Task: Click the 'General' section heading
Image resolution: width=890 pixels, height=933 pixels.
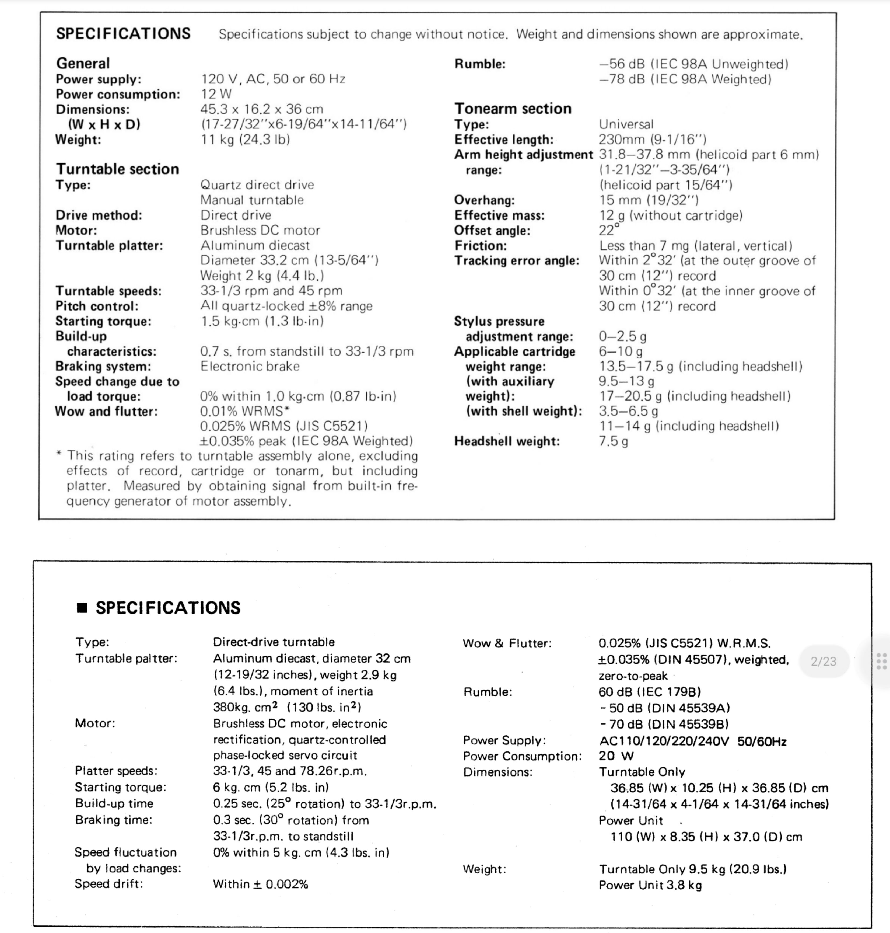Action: [83, 63]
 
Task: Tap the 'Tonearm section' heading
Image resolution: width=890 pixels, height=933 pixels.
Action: [513, 109]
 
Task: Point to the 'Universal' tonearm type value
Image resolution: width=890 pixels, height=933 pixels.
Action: [626, 124]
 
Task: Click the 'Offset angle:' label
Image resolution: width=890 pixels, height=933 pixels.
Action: [492, 231]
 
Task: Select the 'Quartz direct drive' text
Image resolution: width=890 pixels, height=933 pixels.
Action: [257, 184]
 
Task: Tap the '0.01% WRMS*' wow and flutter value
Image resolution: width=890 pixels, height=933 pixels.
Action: [244, 411]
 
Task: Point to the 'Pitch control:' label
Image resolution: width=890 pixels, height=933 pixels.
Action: [97, 306]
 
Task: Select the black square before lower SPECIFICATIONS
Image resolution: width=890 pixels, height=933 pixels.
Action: [82, 608]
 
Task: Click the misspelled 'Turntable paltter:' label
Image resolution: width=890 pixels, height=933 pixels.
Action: [126, 659]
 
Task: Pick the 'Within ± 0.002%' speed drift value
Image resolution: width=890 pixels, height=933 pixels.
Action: [260, 884]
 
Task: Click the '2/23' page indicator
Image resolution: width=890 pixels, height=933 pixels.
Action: [823, 661]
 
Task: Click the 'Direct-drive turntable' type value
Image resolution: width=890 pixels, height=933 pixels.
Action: [274, 642]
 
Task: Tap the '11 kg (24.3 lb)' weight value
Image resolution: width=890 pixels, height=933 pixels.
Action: [245, 140]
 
